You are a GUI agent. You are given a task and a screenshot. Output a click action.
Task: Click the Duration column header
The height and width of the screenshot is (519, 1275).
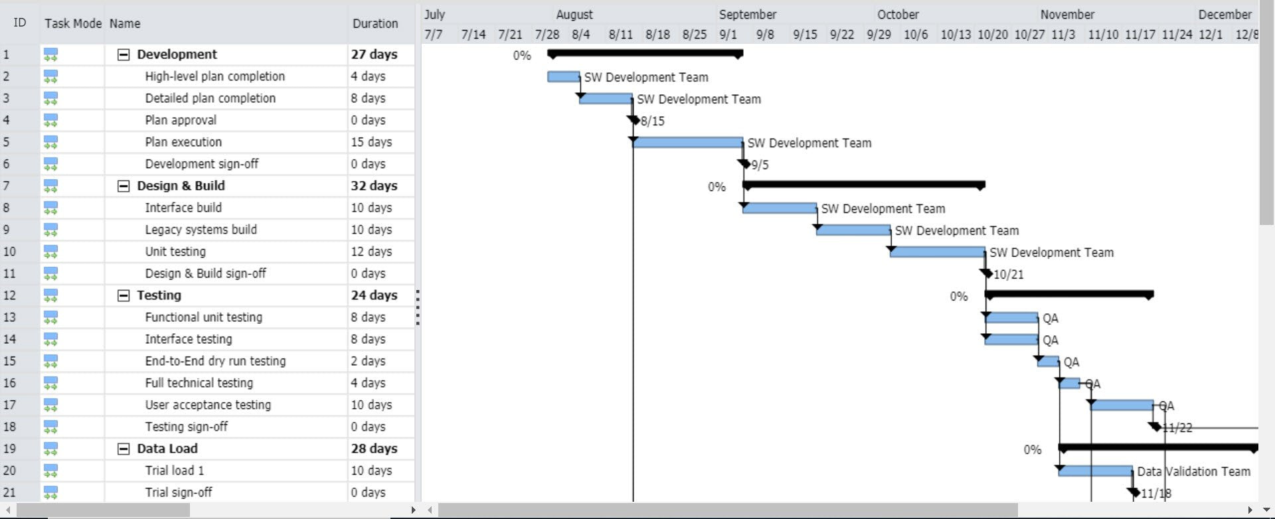coord(375,23)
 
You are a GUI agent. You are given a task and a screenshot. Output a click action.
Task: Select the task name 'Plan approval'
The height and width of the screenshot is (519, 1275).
coord(181,120)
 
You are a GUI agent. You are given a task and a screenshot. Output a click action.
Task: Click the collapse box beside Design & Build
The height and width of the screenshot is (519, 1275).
coord(124,186)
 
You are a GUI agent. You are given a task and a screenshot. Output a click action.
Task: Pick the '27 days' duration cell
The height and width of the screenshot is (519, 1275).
coord(374,54)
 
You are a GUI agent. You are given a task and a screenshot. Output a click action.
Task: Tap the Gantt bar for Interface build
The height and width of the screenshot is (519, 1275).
coord(780,208)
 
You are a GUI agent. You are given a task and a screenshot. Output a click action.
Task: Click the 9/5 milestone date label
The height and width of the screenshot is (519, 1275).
coord(760,165)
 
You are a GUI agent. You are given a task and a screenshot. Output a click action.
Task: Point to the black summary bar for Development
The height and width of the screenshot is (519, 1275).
coord(644,53)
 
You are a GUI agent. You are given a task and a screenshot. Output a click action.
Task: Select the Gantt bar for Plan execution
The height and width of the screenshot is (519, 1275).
coord(688,143)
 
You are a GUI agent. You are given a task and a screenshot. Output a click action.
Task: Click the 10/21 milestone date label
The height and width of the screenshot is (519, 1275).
coord(1008,275)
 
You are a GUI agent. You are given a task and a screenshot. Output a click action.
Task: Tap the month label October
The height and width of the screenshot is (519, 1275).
coord(898,15)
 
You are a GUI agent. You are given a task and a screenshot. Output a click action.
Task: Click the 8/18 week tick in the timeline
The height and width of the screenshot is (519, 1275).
coord(657,35)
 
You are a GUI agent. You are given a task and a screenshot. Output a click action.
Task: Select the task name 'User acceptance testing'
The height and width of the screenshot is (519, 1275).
coord(208,405)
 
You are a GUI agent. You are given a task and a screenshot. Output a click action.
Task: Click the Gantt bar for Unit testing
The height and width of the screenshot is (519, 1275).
coord(937,252)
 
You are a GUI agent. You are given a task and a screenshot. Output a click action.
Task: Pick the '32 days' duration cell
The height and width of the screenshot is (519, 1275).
coord(374,186)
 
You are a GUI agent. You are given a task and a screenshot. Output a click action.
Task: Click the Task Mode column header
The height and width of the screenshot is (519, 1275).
coord(73,23)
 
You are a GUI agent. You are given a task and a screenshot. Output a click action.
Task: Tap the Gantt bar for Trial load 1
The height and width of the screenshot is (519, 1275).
coord(1096,471)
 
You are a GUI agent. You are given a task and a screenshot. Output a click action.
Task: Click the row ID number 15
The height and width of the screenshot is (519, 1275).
coord(9,361)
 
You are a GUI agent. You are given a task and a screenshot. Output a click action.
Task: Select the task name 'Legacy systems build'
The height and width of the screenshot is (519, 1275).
coord(201,230)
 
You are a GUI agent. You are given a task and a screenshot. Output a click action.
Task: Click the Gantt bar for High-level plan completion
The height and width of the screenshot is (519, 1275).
coord(563,77)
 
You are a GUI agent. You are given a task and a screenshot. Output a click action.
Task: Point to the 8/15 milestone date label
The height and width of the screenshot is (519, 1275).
coord(652,121)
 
